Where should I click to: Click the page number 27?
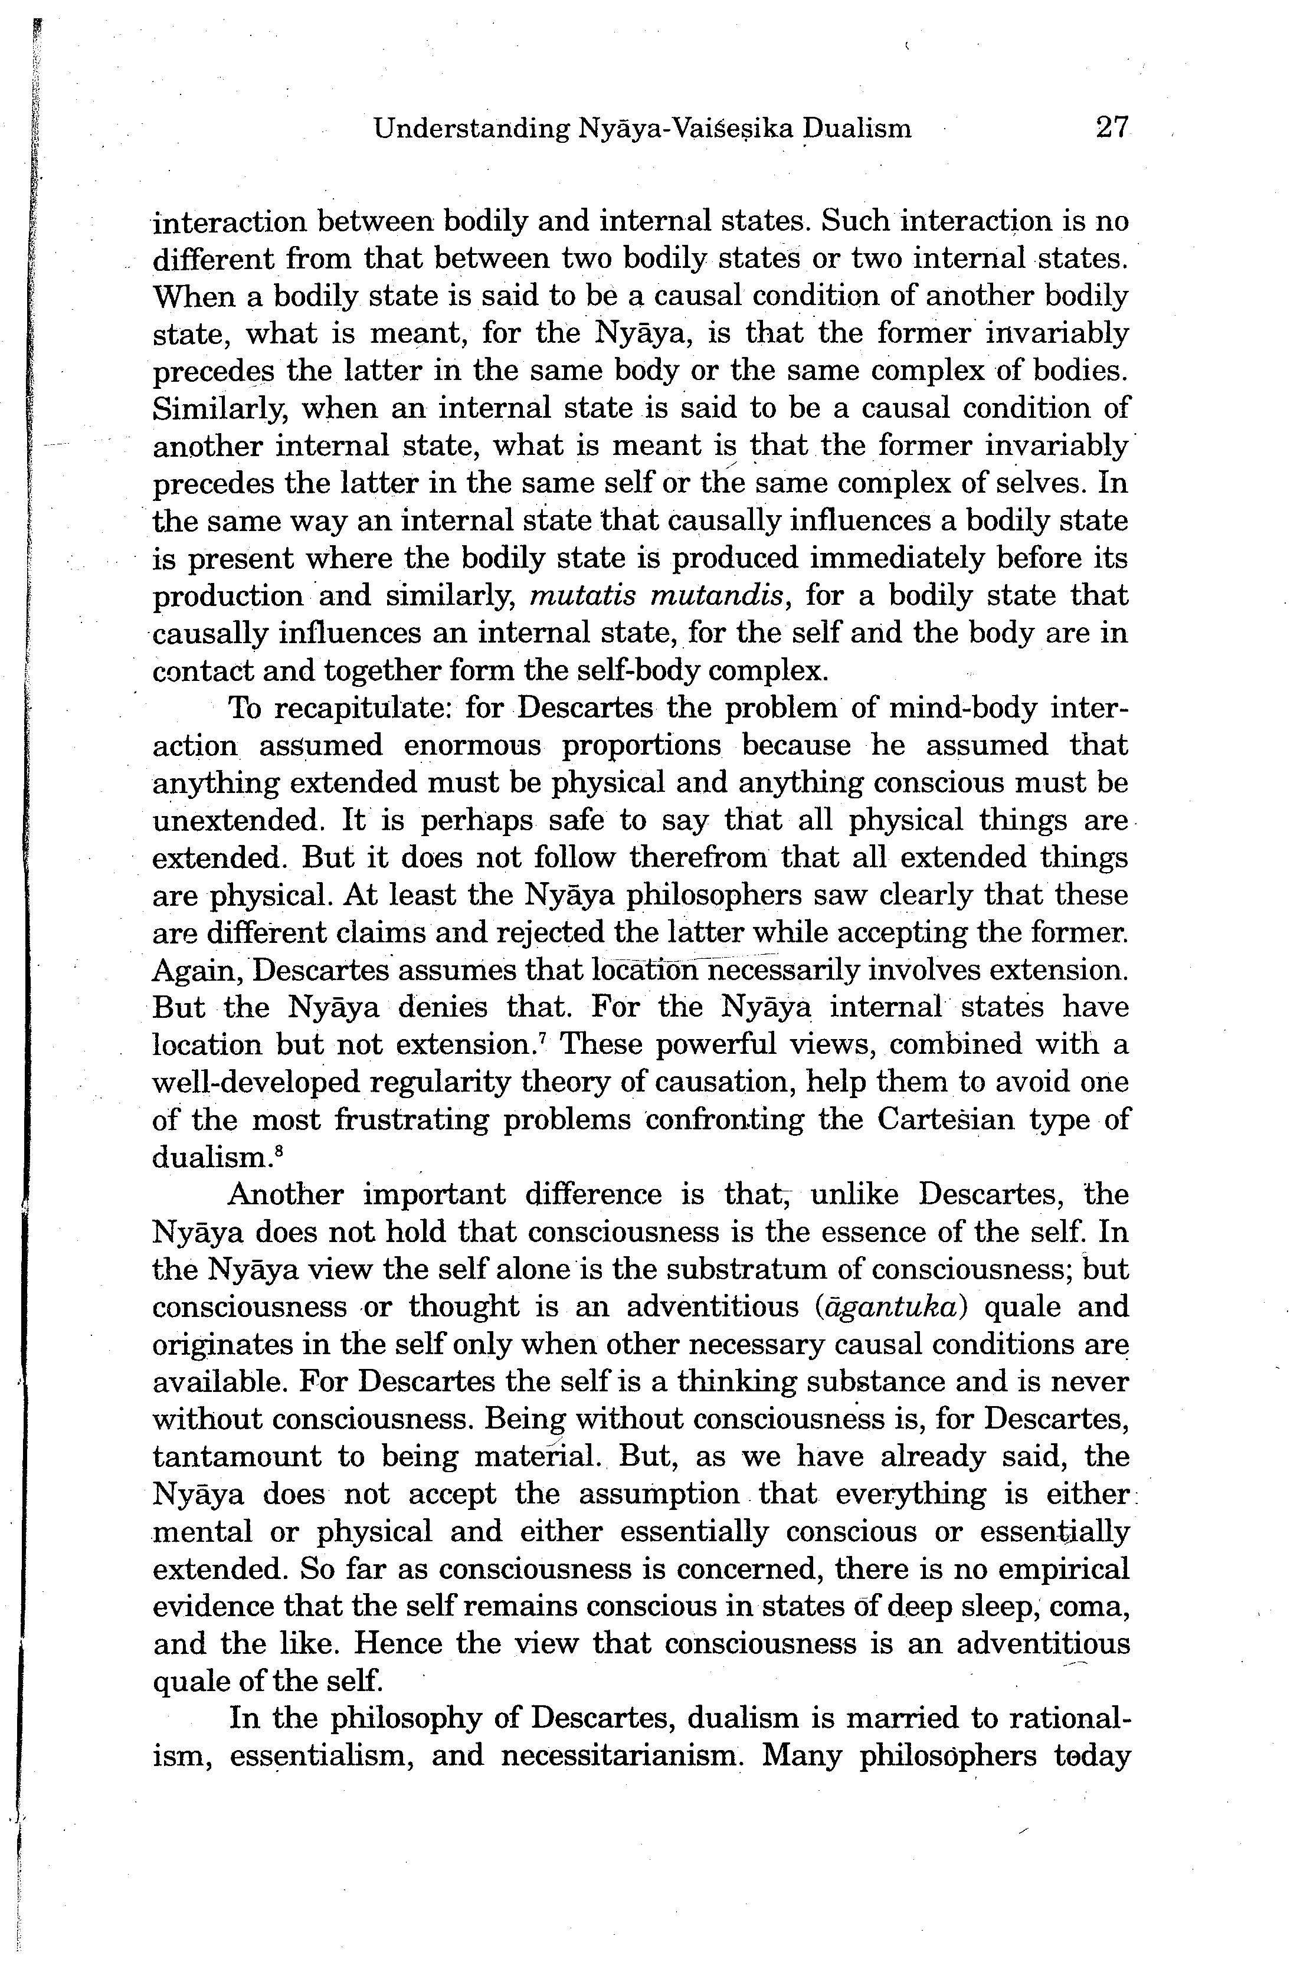tap(1111, 128)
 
